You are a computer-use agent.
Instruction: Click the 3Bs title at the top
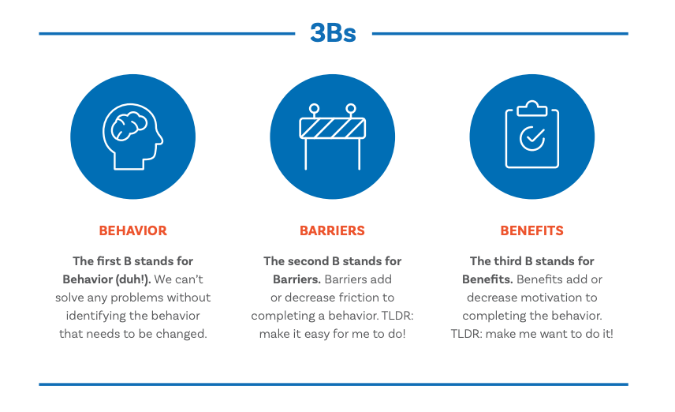pyautogui.click(x=333, y=33)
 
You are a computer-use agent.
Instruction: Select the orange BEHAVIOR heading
pyautogui.click(x=132, y=230)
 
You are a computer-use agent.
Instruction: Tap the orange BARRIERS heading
pyautogui.click(x=332, y=230)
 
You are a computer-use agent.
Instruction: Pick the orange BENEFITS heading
pyautogui.click(x=531, y=230)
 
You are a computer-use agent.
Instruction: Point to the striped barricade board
pyautogui.click(x=332, y=128)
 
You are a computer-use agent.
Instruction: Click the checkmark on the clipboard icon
pyautogui.click(x=532, y=138)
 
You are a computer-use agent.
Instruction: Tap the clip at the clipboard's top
pyautogui.click(x=532, y=107)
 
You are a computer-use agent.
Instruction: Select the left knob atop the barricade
pyautogui.click(x=314, y=108)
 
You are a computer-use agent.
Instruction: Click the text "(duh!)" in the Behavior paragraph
pyautogui.click(x=134, y=279)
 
